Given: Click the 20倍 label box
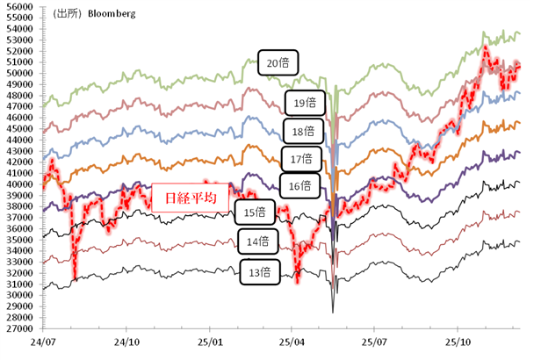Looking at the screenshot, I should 280,62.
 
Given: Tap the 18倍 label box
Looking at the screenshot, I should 305,132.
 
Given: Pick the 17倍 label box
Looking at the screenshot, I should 300,159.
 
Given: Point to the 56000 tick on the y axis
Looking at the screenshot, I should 18,6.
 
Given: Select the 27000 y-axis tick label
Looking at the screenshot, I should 18,328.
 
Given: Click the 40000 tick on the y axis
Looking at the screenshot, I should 18,184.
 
